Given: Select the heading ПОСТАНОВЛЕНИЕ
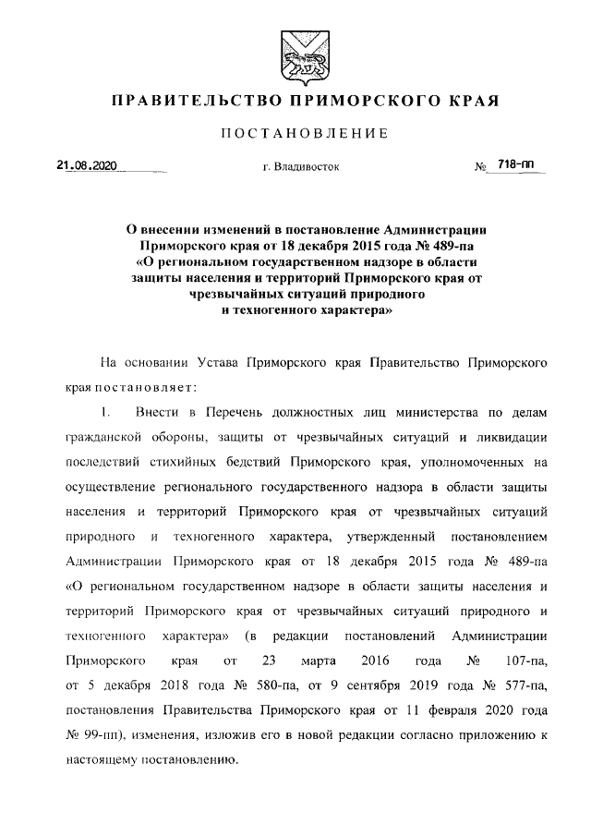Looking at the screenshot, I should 295,135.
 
